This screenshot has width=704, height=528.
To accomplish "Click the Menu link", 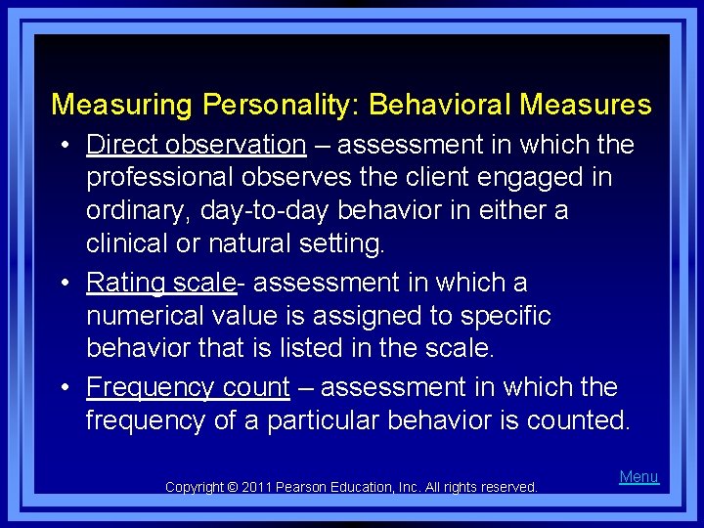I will click(x=639, y=476).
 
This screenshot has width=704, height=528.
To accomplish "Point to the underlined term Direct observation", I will click(x=196, y=145).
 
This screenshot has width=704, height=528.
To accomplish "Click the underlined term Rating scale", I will click(x=161, y=283).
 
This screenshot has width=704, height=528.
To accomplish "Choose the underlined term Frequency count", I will click(x=188, y=387).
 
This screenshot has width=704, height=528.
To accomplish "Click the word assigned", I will click(x=348, y=316).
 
